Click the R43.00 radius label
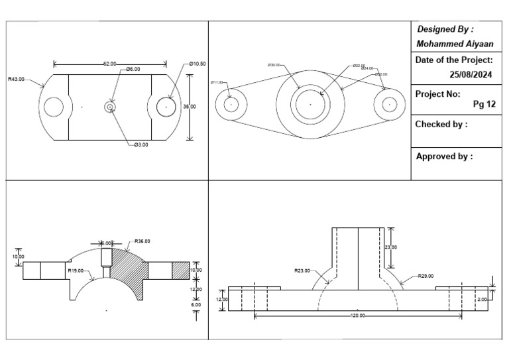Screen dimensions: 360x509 click(16, 79)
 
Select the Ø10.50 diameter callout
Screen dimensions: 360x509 click(198, 64)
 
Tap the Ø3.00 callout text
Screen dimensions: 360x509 click(141, 145)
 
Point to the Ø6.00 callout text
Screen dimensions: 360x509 click(133, 69)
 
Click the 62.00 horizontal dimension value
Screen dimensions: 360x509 click(110, 64)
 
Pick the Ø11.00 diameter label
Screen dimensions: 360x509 click(217, 82)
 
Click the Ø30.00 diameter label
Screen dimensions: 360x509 click(273, 65)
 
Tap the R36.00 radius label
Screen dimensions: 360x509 click(142, 241)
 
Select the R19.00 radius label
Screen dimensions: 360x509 click(75, 270)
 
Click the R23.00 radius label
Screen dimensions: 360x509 click(302, 270)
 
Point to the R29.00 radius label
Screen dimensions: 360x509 click(426, 275)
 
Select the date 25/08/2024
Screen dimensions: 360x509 click(471, 74)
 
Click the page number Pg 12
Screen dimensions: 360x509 click(484, 104)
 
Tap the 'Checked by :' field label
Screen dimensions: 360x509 click(441, 124)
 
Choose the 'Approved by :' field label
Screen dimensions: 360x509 click(444, 157)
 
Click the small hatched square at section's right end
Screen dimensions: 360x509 click(180, 270)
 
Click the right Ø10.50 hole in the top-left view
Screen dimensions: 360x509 click(166, 106)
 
